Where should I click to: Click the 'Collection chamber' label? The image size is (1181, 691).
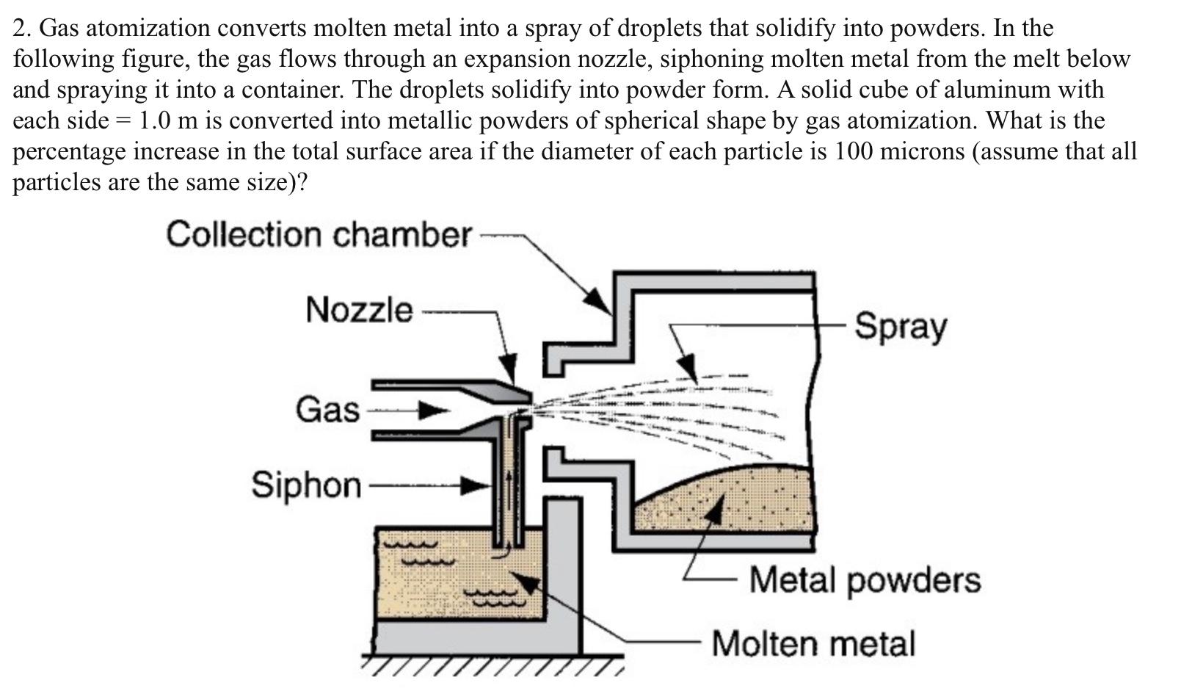click(x=318, y=235)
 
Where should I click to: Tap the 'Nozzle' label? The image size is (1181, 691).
click(x=359, y=310)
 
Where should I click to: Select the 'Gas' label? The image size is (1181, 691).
click(x=327, y=410)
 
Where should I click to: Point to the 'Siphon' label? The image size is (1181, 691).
click(x=306, y=485)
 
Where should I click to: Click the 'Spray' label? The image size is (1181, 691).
click(x=901, y=326)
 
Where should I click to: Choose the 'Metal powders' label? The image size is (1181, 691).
click(x=865, y=580)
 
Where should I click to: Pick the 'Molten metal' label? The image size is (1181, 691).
click(x=813, y=644)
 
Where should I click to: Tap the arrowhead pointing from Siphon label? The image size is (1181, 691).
click(x=476, y=485)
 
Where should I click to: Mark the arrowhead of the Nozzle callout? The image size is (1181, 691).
click(x=508, y=367)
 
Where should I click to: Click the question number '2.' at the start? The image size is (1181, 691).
click(x=22, y=28)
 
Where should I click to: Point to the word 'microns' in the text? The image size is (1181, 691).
click(x=921, y=151)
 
